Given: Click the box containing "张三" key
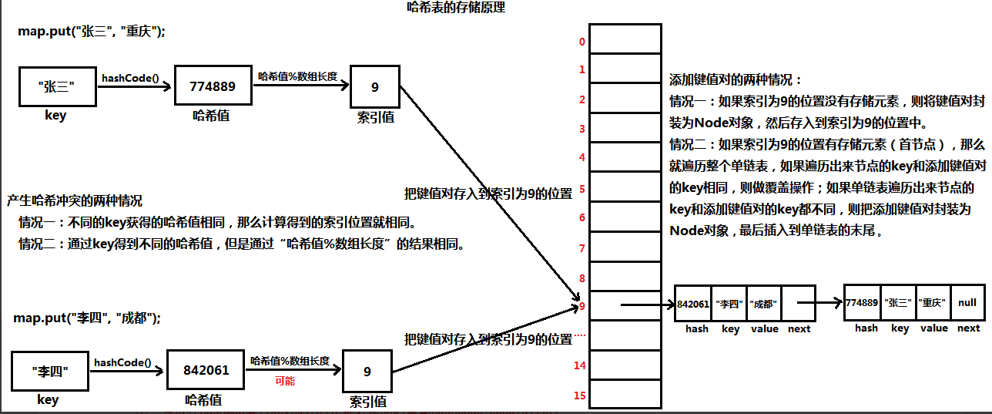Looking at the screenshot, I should point(58,86).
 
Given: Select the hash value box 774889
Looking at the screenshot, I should point(213,86).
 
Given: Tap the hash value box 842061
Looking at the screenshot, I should point(206,370).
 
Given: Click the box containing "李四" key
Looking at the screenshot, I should point(50,371).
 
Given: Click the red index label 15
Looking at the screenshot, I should point(580,395).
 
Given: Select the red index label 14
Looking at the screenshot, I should point(580,365).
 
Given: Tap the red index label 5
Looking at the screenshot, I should point(582,189).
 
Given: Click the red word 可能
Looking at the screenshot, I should point(285,381).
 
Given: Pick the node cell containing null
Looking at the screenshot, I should point(967,303).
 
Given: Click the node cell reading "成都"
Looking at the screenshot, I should point(765,303).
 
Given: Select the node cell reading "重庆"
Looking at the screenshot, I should point(933,303).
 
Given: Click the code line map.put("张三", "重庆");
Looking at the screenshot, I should point(92,32).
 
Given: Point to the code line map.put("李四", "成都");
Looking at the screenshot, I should point(87,318).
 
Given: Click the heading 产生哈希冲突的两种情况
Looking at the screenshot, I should point(75,200).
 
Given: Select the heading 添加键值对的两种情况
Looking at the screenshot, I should point(736,79).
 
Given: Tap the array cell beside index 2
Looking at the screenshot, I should point(625,99).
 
